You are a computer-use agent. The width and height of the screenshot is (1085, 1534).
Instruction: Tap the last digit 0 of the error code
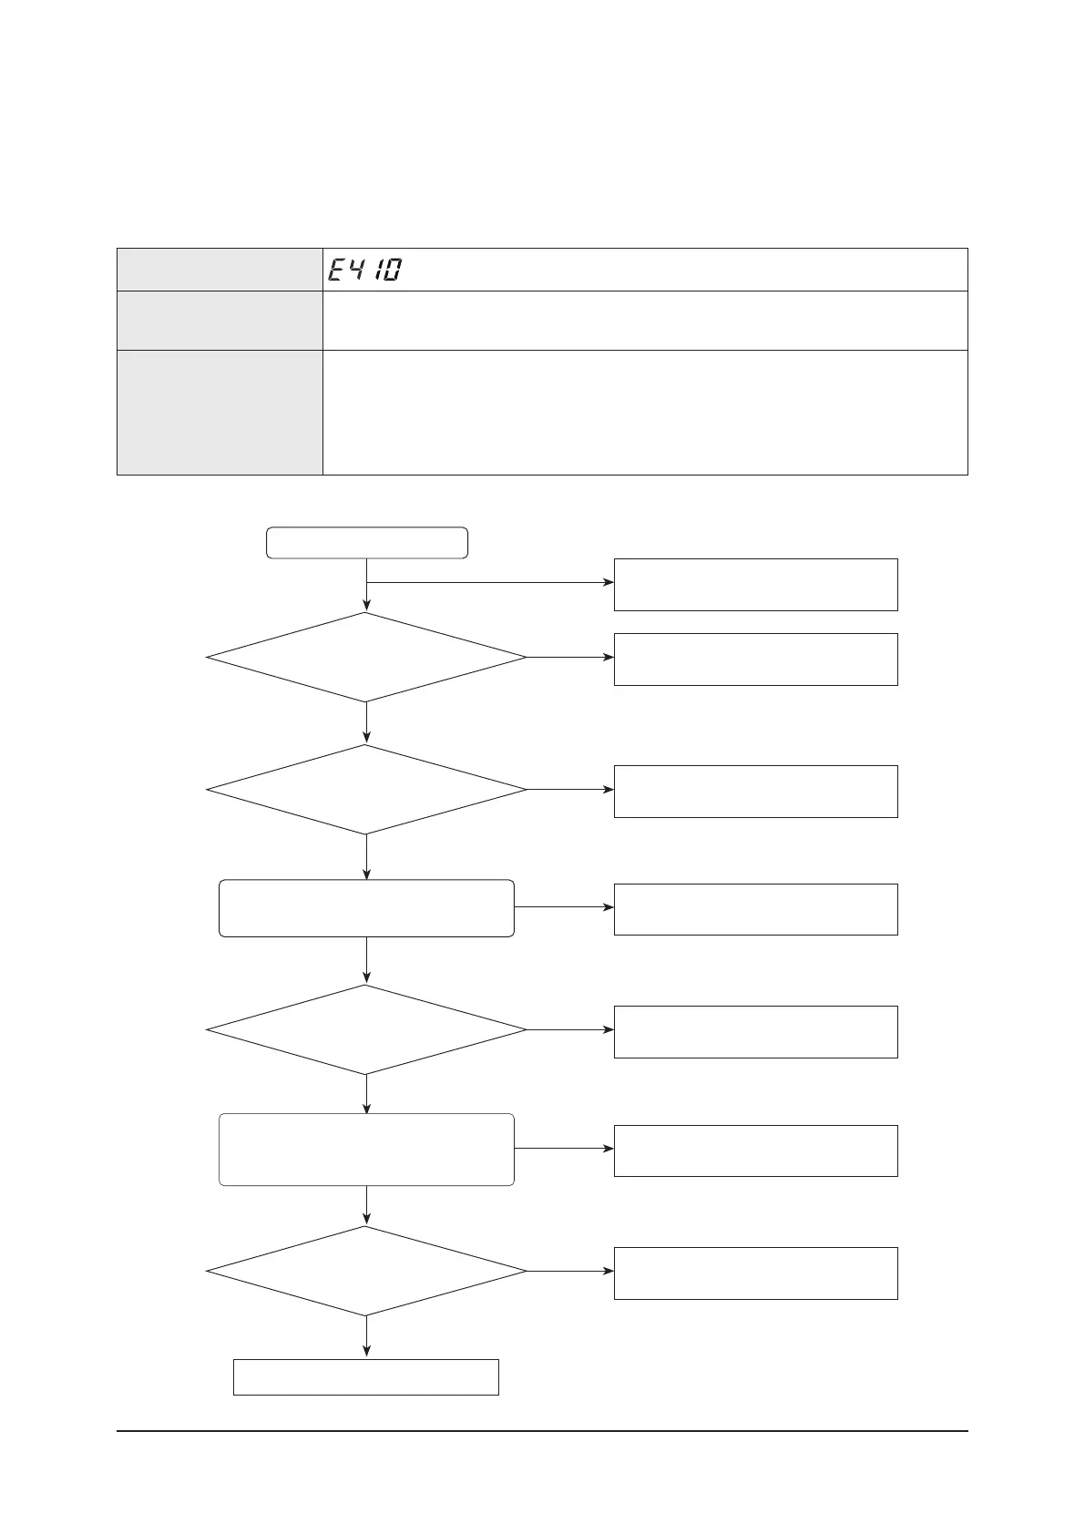coord(391,270)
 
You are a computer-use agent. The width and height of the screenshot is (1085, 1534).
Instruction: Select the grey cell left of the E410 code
coord(220,270)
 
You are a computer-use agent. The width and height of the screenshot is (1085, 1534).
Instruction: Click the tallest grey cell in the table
coord(220,412)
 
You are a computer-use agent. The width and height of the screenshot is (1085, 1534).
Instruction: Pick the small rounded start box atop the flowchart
coord(366,542)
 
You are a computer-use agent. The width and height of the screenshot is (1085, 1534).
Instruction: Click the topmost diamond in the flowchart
coord(366,657)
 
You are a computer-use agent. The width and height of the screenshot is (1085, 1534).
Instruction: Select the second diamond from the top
coord(366,790)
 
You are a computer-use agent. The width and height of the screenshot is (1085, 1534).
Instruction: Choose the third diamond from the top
coord(366,1030)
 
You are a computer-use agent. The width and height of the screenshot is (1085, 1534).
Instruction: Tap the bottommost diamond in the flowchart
coord(366,1271)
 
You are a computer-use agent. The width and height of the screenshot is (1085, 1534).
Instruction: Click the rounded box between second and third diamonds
coord(366,908)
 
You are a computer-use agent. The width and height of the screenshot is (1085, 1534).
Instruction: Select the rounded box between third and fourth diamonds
coord(366,1149)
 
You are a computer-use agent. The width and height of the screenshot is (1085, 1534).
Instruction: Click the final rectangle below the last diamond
coord(366,1376)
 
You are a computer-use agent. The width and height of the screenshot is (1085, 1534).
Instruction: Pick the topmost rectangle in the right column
coord(755,585)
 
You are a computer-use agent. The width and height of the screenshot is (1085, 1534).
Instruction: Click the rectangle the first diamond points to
coord(755,660)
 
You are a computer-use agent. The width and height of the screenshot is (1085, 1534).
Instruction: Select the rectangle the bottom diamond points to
coord(755,1273)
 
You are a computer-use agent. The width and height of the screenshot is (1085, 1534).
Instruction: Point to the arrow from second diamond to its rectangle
coord(570,790)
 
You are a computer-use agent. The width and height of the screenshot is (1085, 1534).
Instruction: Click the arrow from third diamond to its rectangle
coord(570,1030)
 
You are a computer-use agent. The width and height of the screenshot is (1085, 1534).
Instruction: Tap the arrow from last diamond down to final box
coord(366,1337)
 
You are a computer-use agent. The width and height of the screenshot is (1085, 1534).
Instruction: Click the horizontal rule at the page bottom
coord(542,1430)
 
